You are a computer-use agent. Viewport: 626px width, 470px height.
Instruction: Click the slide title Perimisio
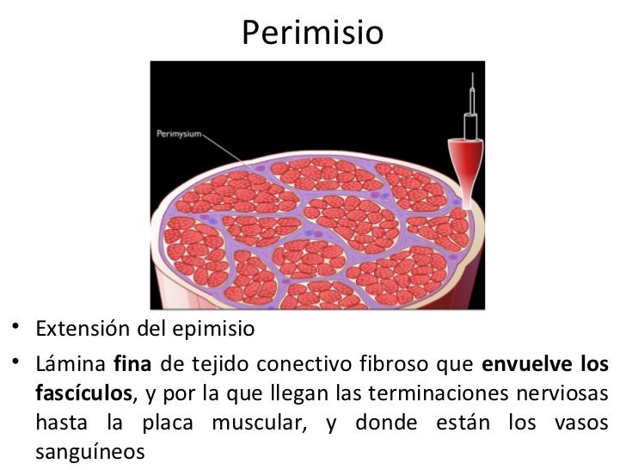[312, 34]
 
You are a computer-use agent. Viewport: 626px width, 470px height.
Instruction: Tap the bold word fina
[131, 363]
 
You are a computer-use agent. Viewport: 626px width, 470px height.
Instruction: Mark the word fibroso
[377, 363]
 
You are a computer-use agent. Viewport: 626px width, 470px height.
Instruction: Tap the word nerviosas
[568, 395]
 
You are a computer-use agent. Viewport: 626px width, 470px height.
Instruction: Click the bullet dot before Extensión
[17, 331]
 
